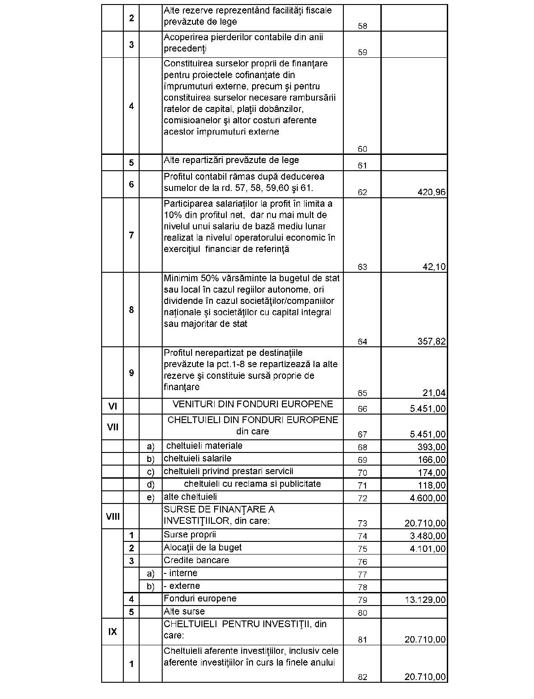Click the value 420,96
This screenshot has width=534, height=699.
click(431, 192)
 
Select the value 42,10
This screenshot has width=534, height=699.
click(434, 267)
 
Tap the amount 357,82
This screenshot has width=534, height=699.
click(431, 341)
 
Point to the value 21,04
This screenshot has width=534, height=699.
click(434, 393)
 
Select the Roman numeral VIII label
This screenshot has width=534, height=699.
click(112, 516)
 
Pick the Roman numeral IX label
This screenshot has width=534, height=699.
click(112, 631)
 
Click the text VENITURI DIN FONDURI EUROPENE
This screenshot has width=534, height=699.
click(253, 404)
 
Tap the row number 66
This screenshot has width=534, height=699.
click(362, 409)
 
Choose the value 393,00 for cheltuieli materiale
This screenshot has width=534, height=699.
click(431, 447)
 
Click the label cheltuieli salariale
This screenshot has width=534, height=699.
click(197, 458)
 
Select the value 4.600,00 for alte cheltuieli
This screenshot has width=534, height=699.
click(427, 498)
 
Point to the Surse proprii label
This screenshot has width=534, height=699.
click(190, 535)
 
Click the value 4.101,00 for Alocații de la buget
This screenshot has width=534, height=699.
click(427, 549)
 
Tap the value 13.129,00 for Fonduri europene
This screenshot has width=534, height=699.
click(425, 600)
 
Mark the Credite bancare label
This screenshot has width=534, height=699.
click(196, 560)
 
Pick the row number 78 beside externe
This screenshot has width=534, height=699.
click(362, 587)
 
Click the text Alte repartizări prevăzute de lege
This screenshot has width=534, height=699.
click(231, 160)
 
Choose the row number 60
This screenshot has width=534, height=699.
click(362, 149)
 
